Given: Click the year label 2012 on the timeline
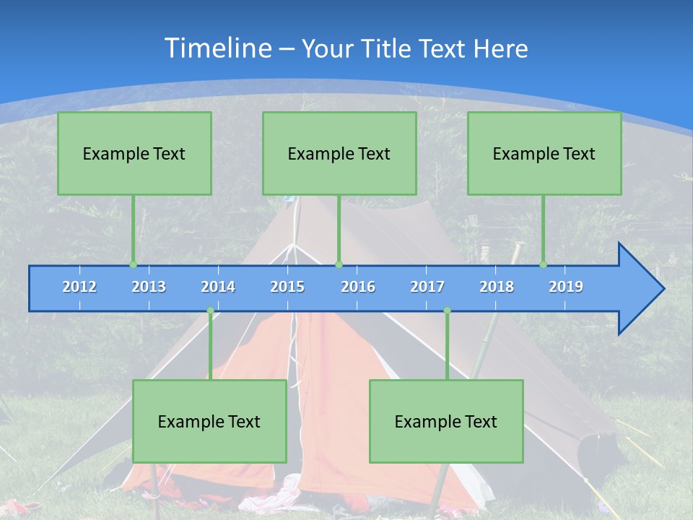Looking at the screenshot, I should coord(79,287).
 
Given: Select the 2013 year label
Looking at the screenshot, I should coord(149,287).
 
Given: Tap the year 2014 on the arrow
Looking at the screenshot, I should coord(218,287).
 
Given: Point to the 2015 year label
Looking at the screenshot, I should coord(287,287).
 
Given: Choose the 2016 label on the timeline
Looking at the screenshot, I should coord(358,287).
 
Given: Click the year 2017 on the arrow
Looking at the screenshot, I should coord(427,287).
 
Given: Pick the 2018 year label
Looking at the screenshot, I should coord(497,287).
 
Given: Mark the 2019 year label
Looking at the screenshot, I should coord(566,287).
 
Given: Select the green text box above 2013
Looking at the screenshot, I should coord(134,153).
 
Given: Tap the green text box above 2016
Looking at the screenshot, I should coord(339,153).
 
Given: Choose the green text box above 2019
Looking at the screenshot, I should coord(544,153).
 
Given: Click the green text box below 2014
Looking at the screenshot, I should coord(209,421).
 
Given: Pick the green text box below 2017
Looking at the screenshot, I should coord(446,421).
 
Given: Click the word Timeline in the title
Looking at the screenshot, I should coord(217,48).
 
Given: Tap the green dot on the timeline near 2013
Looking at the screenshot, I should coord(133,265).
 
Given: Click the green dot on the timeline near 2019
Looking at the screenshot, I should coord(543,265).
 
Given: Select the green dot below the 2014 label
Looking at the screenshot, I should coord(210,311).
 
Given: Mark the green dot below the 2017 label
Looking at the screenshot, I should coord(447,311).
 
